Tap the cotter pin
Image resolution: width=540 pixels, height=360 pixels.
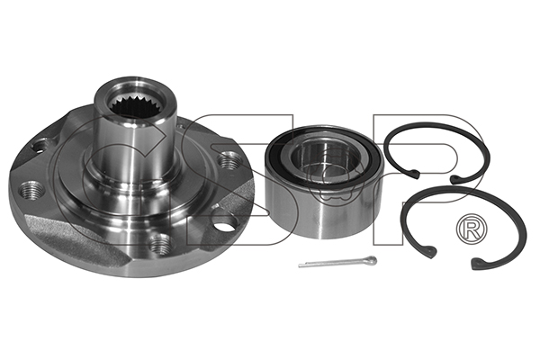click(x=337, y=262)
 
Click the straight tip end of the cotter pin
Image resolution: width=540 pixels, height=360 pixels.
click(x=300, y=265)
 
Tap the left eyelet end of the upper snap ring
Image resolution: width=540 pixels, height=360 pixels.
click(x=414, y=174)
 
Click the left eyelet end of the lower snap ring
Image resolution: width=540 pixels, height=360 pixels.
click(x=430, y=251)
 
